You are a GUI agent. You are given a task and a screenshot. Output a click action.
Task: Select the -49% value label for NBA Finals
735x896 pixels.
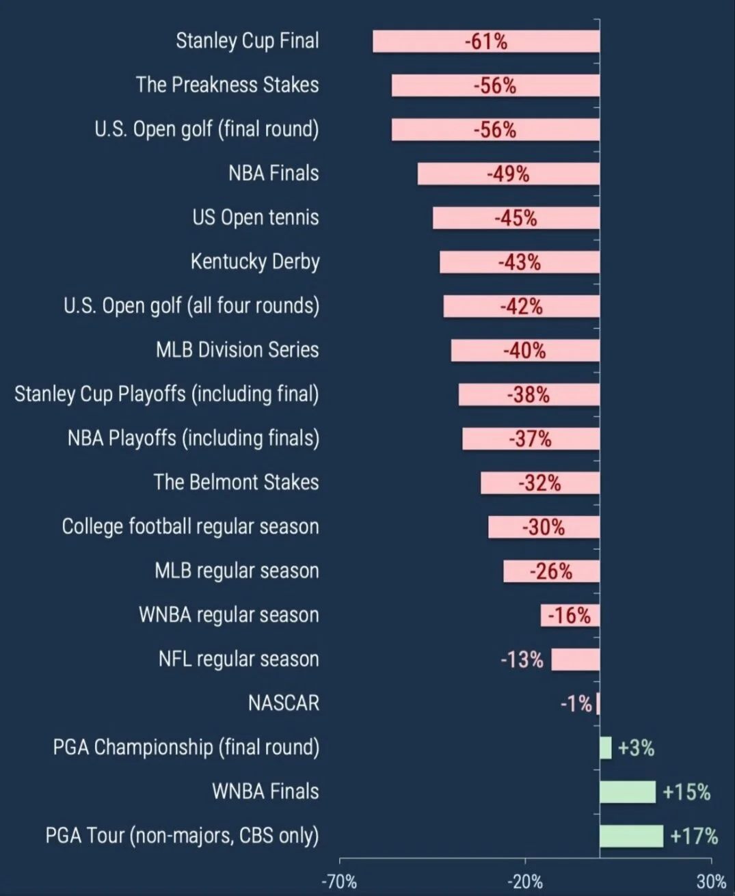click(x=508, y=174)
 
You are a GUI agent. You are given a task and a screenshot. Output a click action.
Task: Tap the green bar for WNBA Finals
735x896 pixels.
click(x=627, y=792)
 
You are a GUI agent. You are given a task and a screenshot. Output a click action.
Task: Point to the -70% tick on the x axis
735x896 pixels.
click(x=339, y=882)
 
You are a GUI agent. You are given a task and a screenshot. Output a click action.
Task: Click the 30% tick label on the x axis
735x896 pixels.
click(x=711, y=882)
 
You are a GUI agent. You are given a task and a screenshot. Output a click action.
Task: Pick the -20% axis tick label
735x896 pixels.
click(x=525, y=882)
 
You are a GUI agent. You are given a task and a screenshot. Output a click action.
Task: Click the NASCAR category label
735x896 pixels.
click(x=283, y=703)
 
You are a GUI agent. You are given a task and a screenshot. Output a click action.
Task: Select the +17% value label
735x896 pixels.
click(x=694, y=836)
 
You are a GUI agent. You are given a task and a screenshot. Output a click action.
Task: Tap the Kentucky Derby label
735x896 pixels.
click(x=254, y=262)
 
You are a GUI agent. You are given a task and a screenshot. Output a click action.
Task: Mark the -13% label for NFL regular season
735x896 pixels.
click(x=522, y=660)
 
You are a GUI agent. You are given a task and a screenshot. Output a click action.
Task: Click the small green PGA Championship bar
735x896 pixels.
click(x=605, y=748)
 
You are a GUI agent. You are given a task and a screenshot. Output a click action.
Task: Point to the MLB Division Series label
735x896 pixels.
click(x=237, y=350)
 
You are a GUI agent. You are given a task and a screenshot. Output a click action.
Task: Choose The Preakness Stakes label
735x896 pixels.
click(x=226, y=85)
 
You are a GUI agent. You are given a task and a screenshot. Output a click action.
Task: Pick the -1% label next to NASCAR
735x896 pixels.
click(x=576, y=703)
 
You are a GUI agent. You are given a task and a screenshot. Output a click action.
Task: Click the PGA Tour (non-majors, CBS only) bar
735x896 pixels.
click(x=630, y=836)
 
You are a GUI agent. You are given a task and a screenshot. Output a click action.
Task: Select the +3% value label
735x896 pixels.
click(x=636, y=748)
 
